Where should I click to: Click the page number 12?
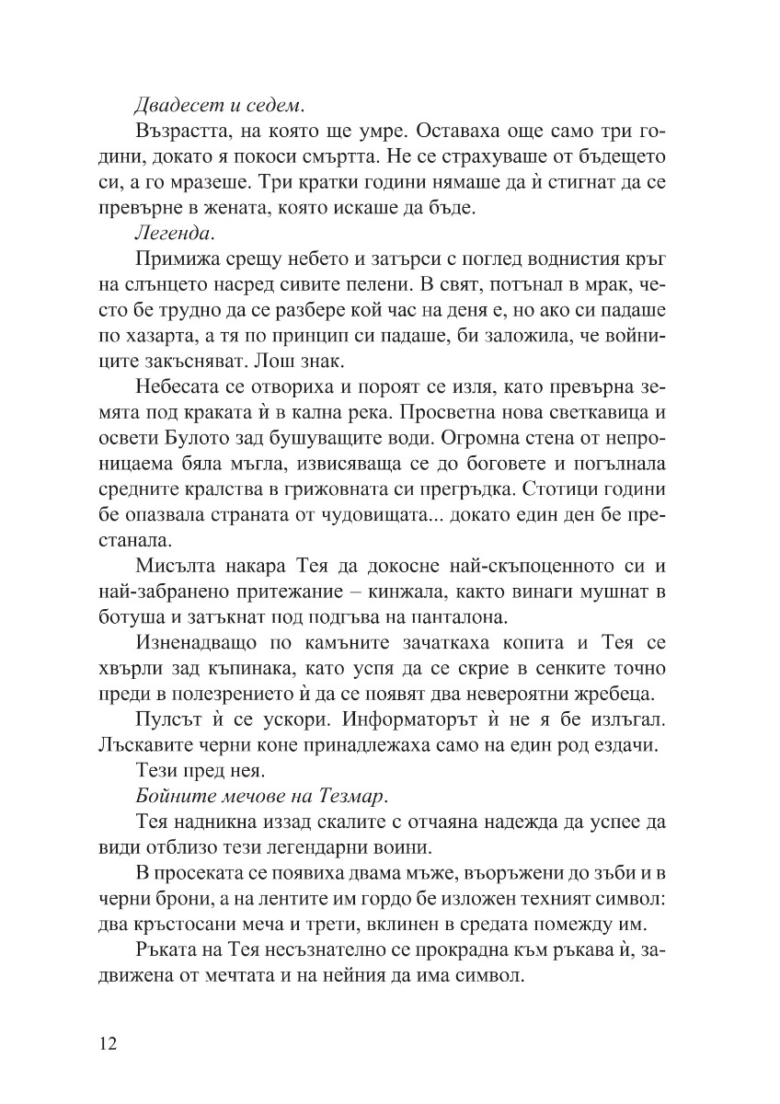[107, 1043]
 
